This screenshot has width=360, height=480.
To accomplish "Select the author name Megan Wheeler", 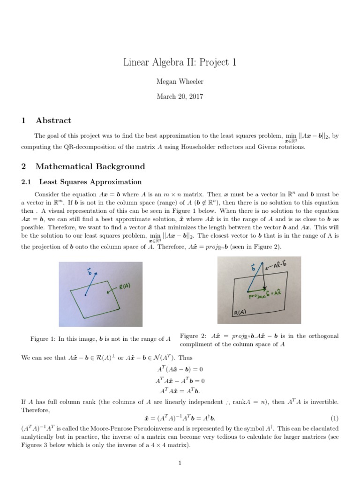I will (x=180, y=82).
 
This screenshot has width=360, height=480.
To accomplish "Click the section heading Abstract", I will (x=53, y=120).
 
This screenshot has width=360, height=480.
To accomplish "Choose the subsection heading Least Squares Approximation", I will (x=90, y=181).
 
